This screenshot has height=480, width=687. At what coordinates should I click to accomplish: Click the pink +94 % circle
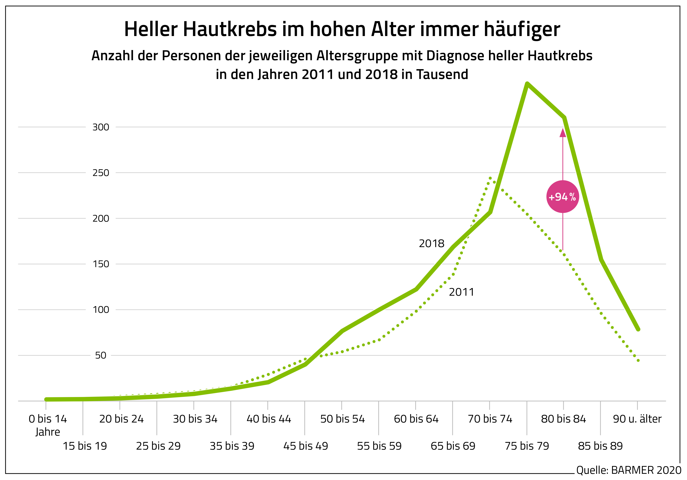click(562, 197)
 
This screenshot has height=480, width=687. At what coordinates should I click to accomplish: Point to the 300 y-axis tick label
click(100, 127)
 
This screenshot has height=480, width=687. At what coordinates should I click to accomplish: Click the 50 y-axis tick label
click(100, 355)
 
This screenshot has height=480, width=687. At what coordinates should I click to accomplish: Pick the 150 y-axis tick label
click(100, 264)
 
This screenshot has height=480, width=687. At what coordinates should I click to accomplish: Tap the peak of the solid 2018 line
click(527, 84)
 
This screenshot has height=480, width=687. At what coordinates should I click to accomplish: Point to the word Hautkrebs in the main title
click(230, 29)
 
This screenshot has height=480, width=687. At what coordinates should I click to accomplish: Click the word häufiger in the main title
click(522, 29)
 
